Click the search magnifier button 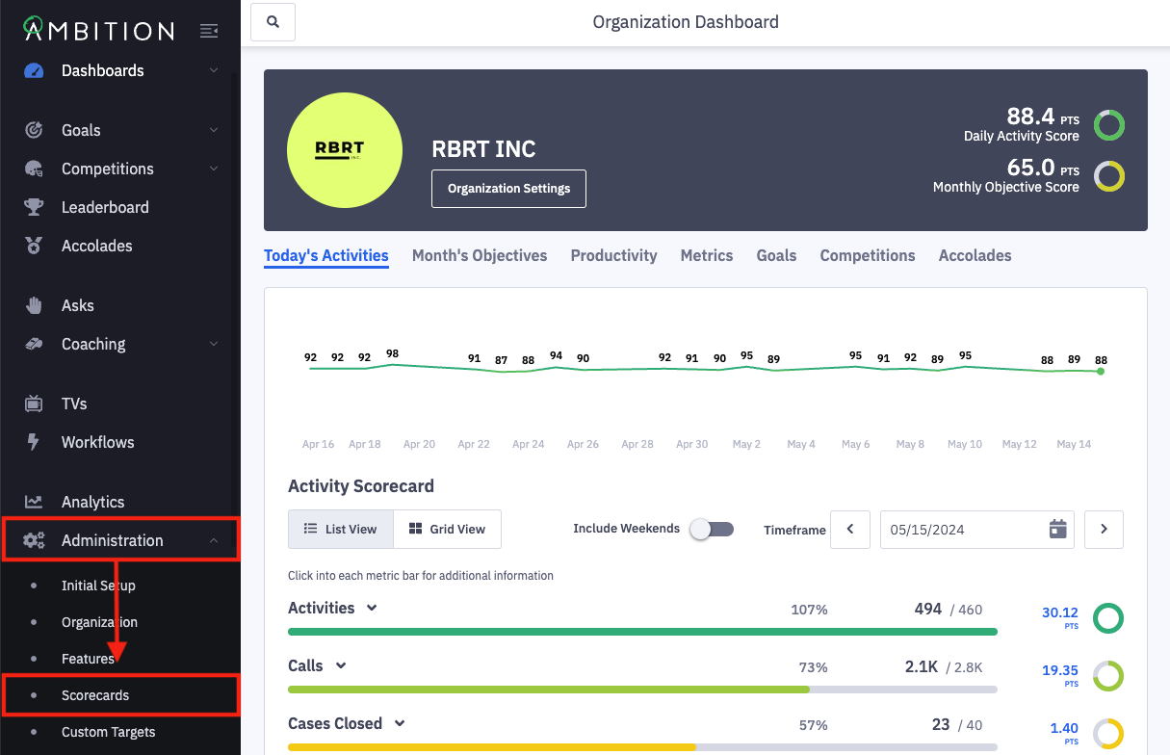click(273, 22)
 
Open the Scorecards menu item click(94, 695)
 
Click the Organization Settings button click(508, 189)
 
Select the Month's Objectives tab click(480, 256)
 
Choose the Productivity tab click(613, 256)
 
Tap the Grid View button click(447, 529)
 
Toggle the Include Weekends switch click(712, 529)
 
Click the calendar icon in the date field click(1057, 529)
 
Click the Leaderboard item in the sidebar click(104, 207)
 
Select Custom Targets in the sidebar click(108, 732)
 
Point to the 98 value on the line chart click(392, 353)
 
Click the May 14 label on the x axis click(1074, 444)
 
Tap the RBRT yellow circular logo click(345, 150)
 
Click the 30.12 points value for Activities click(1059, 612)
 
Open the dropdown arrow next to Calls click(341, 665)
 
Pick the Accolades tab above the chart click(975, 256)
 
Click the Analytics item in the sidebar click(92, 502)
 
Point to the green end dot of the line click(1101, 371)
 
